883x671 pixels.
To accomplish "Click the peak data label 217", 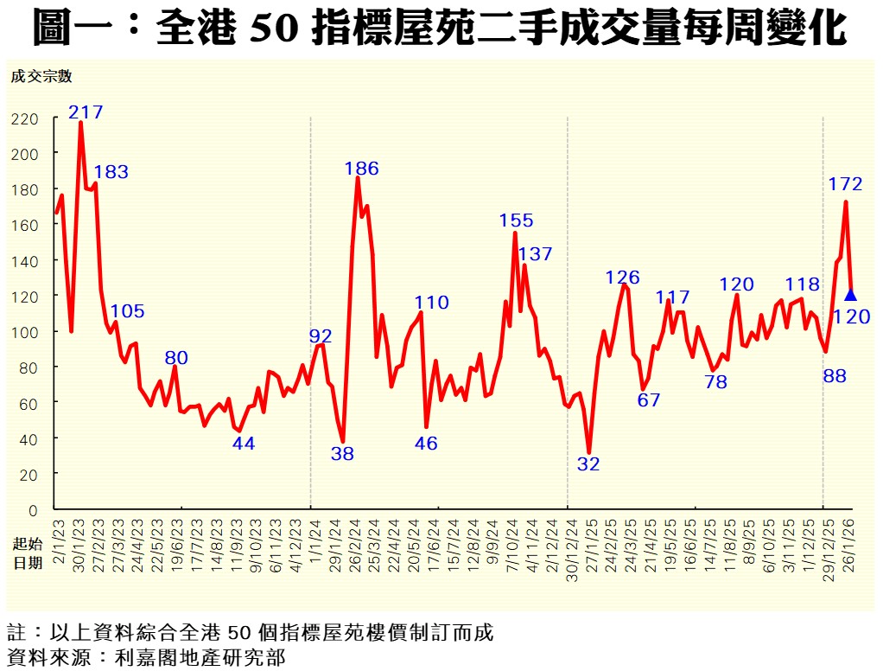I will pyautogui.click(x=86, y=112).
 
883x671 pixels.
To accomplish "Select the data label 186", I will pyautogui.click(x=361, y=169).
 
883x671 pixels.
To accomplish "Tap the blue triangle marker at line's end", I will pyautogui.click(x=850, y=295).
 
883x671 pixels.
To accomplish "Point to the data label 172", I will pyautogui.click(x=845, y=183).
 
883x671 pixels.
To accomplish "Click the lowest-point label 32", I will pyautogui.click(x=588, y=463).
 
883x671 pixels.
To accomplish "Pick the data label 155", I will pyautogui.click(x=517, y=220).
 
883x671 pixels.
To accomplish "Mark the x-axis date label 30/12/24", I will pyautogui.click(x=569, y=544).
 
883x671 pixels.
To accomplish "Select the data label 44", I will pyautogui.click(x=244, y=444).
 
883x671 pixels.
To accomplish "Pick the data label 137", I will pyautogui.click(x=536, y=254).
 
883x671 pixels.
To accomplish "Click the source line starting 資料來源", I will pyautogui.click(x=146, y=656).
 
